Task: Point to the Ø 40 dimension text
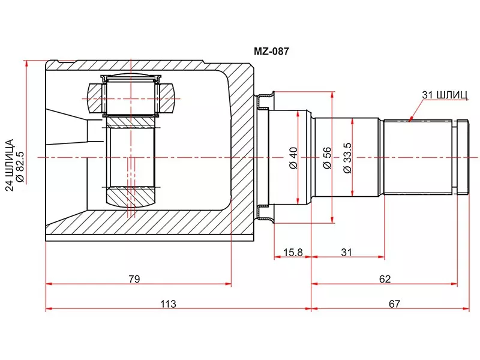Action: tap(293, 157)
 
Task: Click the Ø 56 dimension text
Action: tap(327, 157)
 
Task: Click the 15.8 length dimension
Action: tap(292, 253)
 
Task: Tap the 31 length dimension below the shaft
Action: tap(347, 253)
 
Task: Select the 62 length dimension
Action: tap(385, 278)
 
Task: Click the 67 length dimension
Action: tap(394, 304)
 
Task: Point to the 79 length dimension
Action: tap(134, 278)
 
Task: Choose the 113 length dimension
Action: tap(168, 304)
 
